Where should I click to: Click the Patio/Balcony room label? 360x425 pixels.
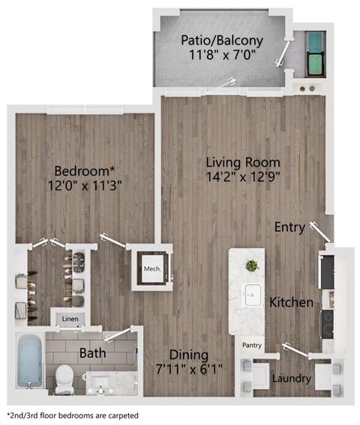pyautogui.click(x=221, y=40)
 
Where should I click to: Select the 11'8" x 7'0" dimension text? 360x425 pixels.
pyautogui.click(x=221, y=55)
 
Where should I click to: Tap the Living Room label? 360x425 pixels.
pyautogui.click(x=243, y=162)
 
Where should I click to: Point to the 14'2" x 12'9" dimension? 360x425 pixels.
pyautogui.click(x=243, y=177)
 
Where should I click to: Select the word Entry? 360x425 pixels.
pyautogui.click(x=289, y=227)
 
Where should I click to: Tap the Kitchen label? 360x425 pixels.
pyautogui.click(x=291, y=303)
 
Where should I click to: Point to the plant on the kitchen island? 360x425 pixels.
pyautogui.click(x=251, y=265)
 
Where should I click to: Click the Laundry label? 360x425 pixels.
pyautogui.click(x=292, y=379)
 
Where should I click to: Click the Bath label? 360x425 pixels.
pyautogui.click(x=93, y=352)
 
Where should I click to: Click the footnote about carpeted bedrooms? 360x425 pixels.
pyautogui.click(x=73, y=415)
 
